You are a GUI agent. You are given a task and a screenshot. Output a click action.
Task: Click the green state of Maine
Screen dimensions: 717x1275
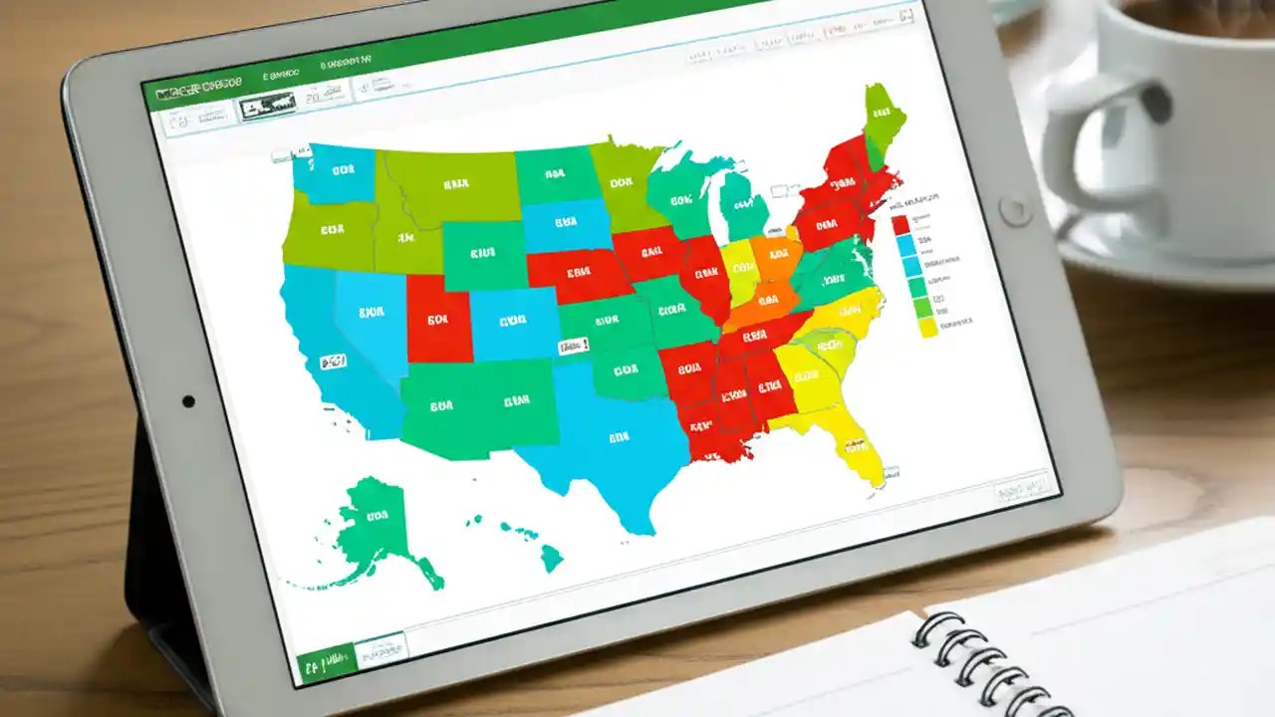point(884,116)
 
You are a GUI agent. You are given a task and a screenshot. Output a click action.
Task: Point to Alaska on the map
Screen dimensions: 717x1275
point(374,522)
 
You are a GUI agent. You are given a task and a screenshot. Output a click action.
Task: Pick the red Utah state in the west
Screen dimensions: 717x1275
point(438,320)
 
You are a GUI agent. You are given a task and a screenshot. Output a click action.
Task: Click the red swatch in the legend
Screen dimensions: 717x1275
point(901,224)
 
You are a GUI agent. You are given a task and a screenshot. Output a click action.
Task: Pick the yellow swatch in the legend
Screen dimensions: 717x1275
point(928,328)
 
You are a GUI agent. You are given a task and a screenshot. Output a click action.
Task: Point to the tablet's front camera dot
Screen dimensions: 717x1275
point(188,401)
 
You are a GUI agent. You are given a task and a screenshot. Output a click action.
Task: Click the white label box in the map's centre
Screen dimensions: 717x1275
point(573,346)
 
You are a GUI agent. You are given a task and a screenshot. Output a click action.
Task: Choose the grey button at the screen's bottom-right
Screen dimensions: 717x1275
point(1021,488)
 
